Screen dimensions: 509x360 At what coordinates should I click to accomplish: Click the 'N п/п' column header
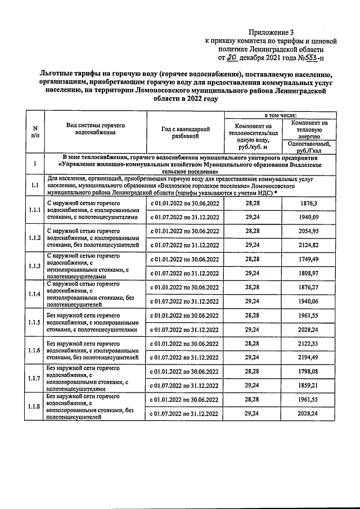[35, 132]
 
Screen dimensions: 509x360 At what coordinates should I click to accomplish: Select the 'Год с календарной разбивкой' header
[185, 132]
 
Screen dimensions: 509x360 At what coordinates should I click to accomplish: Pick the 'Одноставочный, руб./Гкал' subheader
[308, 147]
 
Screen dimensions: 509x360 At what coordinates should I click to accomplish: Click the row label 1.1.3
[35, 266]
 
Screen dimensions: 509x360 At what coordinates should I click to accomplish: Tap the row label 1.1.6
[35, 350]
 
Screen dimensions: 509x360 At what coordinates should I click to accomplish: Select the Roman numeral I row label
[35, 164]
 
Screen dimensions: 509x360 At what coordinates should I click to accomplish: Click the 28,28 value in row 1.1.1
[252, 203]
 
